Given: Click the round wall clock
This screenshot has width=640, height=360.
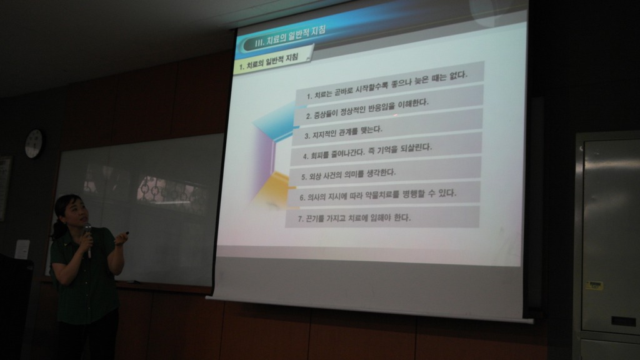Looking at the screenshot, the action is tap(35, 144).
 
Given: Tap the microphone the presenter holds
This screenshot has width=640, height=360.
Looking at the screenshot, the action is tap(87, 239).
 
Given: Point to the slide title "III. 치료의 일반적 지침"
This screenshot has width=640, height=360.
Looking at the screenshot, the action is tap(290, 37).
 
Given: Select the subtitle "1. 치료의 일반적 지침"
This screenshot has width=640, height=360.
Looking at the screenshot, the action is tap(269, 62).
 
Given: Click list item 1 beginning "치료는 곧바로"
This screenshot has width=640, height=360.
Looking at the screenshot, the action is tap(387, 86).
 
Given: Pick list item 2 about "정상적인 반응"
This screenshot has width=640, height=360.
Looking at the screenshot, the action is tap(367, 109).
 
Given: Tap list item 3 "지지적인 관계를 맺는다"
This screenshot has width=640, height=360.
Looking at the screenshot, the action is tap(343, 132).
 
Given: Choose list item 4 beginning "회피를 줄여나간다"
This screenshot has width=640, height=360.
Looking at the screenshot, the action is tap(367, 151).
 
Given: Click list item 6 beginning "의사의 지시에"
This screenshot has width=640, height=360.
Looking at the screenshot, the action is tap(378, 195).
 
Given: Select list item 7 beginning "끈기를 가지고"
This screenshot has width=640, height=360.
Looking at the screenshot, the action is tap(354, 218).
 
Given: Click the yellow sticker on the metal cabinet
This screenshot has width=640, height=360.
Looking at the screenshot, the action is tap(594, 285).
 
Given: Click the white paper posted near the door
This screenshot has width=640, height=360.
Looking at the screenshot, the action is tap(22, 249).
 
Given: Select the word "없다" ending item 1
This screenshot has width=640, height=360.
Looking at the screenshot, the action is tap(458, 76).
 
